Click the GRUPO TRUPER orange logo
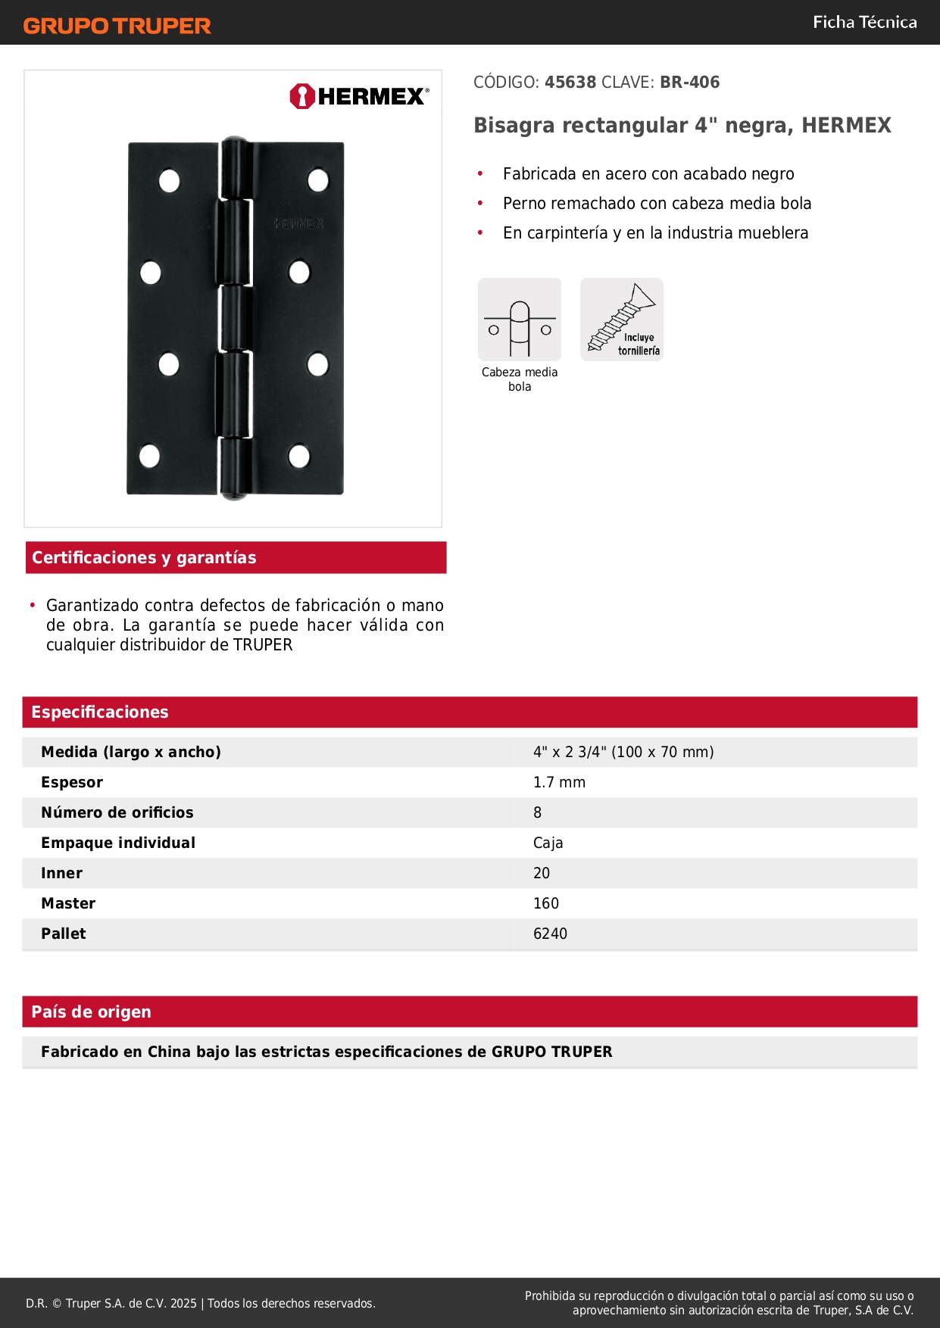click(x=117, y=26)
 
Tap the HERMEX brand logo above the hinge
click(x=359, y=96)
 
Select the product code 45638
click(x=570, y=83)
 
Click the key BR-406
click(x=689, y=83)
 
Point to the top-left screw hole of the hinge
click(x=169, y=181)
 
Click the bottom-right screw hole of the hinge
click(x=300, y=456)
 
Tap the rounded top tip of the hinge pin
click(x=235, y=142)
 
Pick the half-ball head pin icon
click(x=520, y=320)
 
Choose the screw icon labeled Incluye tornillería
click(x=622, y=320)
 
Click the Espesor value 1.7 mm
click(x=559, y=782)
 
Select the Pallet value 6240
click(x=550, y=934)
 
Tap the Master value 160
click(x=545, y=903)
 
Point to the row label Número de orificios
click(x=117, y=812)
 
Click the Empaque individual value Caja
click(x=548, y=843)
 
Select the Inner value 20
click(x=542, y=873)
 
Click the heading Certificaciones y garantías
click(x=144, y=558)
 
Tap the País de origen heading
click(x=91, y=1012)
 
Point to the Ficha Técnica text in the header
click(x=864, y=23)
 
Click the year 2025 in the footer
click(x=183, y=1303)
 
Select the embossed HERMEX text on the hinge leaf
click(x=298, y=224)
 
